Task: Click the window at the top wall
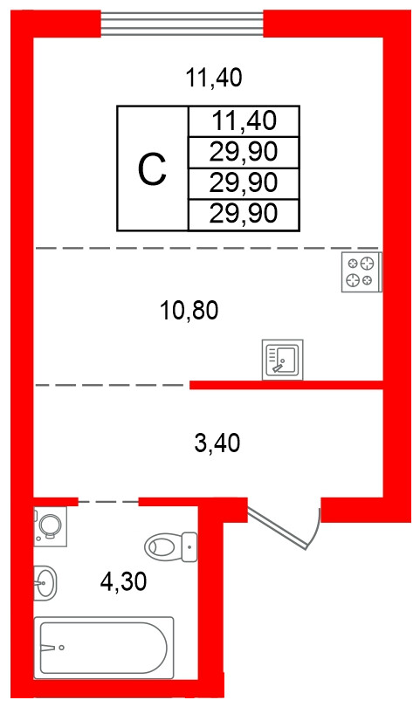point(182,24)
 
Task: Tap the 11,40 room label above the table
point(214,78)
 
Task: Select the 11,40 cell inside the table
point(244,120)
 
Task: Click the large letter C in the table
point(152,168)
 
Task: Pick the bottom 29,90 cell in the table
point(244,214)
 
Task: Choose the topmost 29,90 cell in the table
point(244,152)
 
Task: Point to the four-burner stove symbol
point(361,271)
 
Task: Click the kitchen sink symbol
point(282,360)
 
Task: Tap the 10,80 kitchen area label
point(189,311)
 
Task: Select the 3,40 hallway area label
point(217,443)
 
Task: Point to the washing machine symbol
point(50,526)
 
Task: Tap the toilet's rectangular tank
point(189,547)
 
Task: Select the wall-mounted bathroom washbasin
point(45,582)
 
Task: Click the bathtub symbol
point(104,648)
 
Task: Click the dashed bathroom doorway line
point(108,501)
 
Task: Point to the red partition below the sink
point(286,385)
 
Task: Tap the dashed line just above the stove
point(207,248)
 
